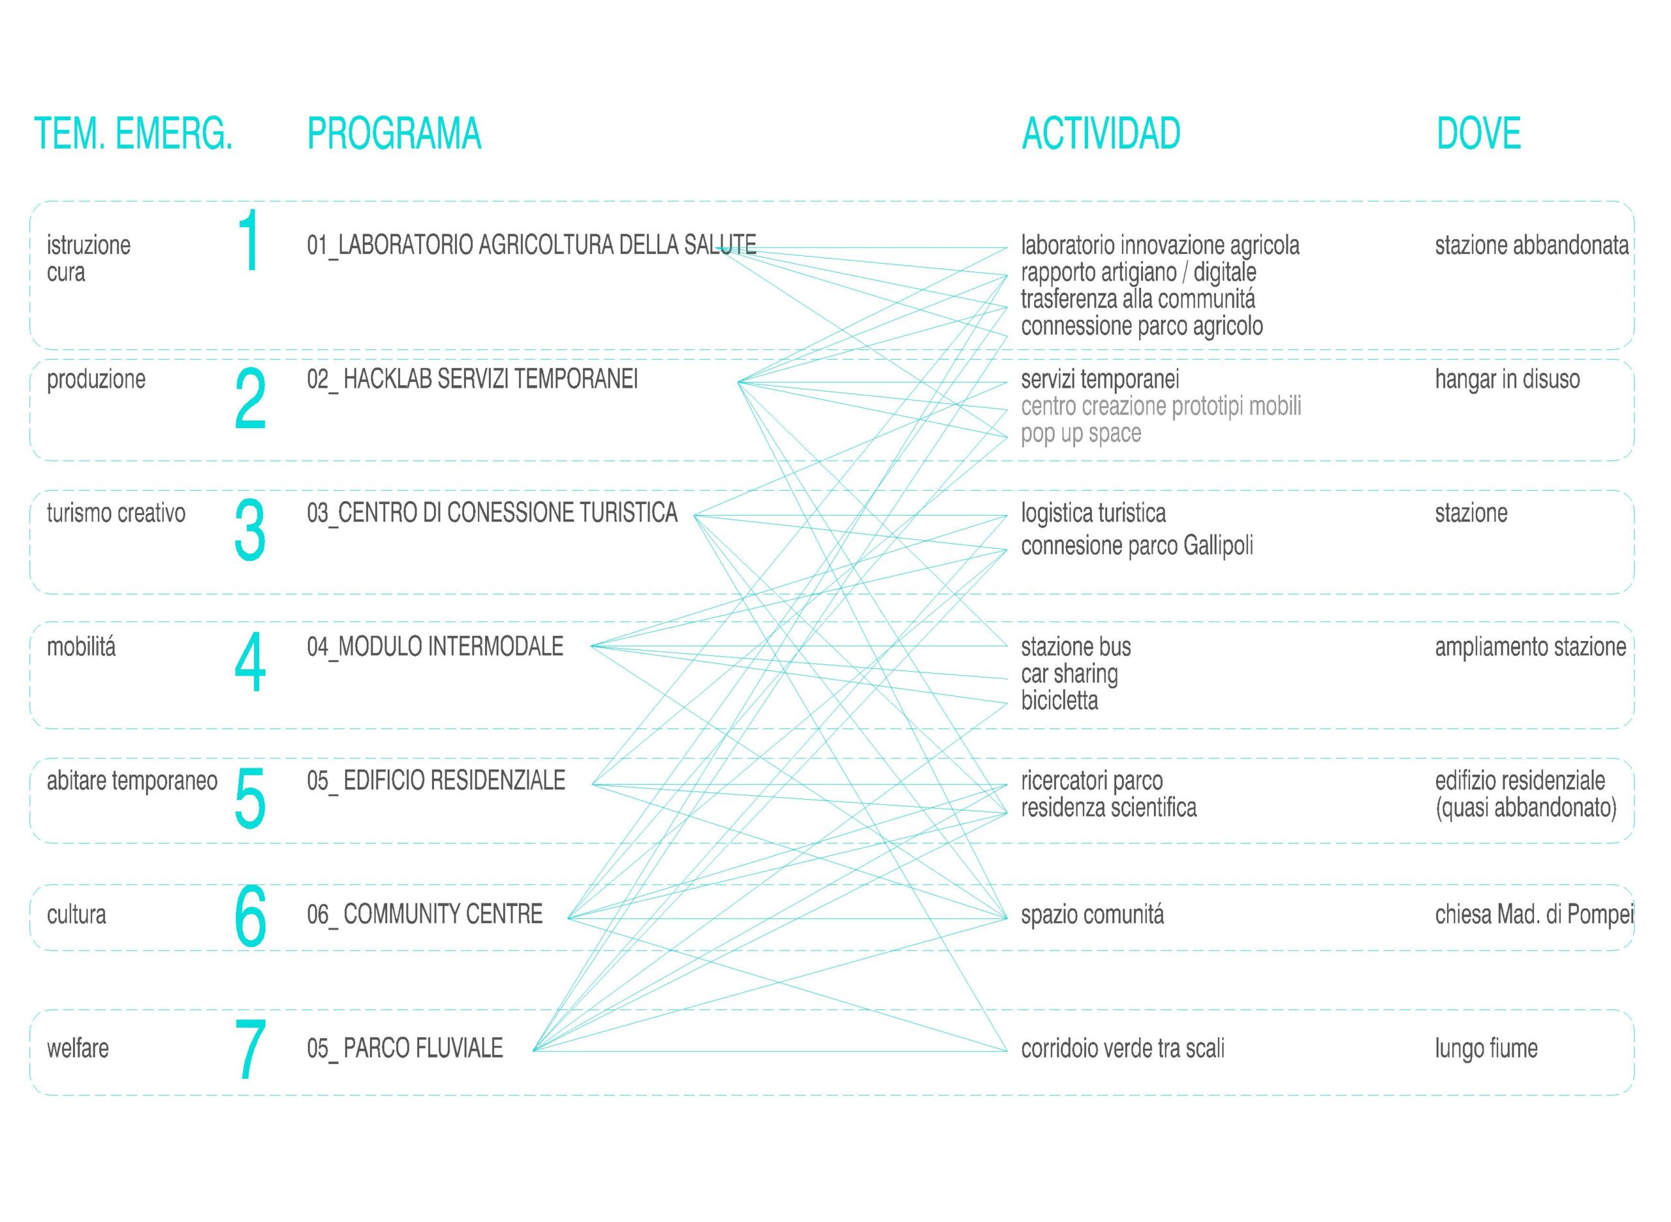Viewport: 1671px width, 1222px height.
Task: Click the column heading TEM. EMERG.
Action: [134, 134]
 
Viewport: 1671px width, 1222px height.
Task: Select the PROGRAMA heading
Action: [394, 134]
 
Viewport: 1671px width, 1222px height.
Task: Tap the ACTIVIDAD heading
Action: [1101, 134]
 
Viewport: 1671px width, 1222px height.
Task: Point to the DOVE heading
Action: [1478, 134]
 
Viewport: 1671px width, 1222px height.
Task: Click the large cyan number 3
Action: [250, 529]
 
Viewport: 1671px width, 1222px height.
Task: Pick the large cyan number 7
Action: [250, 1049]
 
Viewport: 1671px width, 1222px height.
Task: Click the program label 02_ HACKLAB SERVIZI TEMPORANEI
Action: [472, 380]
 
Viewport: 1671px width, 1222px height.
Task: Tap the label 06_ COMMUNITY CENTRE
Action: [424, 915]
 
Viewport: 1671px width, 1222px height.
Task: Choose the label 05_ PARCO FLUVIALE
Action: [405, 1048]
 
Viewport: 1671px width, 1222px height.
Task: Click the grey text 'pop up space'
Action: [1081, 434]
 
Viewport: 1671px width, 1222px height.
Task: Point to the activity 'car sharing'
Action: [1070, 674]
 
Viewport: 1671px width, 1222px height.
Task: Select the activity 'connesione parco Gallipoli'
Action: [1137, 546]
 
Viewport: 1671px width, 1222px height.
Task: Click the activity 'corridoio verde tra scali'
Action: [1123, 1048]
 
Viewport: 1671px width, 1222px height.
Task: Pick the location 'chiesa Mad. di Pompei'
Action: [1534, 915]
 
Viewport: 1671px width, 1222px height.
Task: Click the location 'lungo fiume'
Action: [1486, 1049]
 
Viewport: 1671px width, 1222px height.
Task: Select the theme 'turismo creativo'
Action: [116, 513]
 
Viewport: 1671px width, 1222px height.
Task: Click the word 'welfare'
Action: [78, 1048]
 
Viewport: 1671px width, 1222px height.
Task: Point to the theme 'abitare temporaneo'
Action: [133, 781]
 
